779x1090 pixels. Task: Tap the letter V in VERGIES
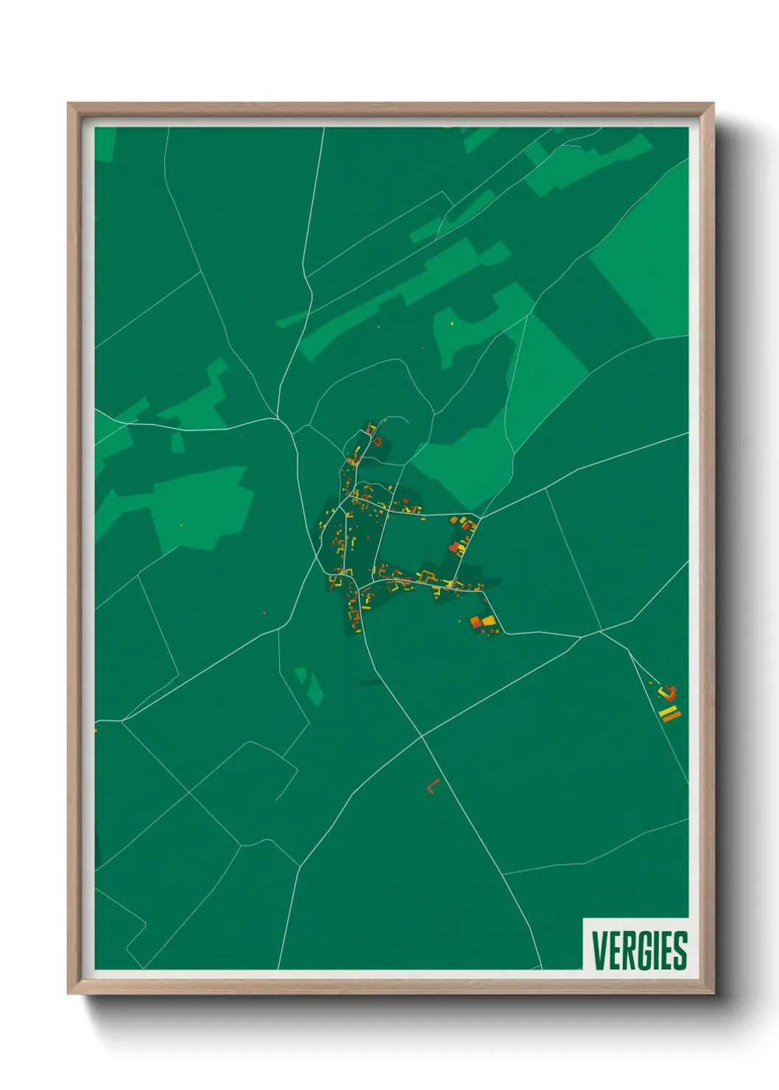click(x=599, y=951)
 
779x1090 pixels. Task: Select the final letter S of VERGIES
click(x=680, y=951)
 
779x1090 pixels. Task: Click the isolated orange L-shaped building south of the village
click(x=432, y=787)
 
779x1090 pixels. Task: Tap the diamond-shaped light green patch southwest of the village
click(x=315, y=689)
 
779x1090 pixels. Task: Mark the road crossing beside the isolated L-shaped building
click(x=422, y=736)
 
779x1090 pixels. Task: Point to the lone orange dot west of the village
click(x=264, y=612)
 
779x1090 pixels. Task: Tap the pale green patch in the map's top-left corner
click(x=105, y=144)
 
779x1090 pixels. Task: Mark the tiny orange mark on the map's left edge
click(x=96, y=730)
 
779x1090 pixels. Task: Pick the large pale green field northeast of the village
click(x=545, y=383)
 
